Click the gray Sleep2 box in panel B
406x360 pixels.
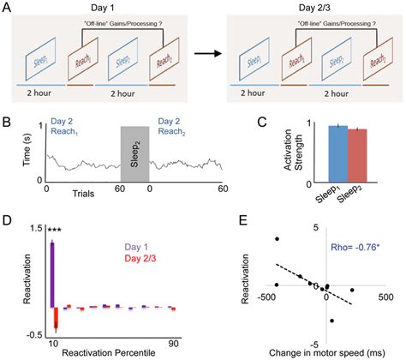(134, 152)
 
